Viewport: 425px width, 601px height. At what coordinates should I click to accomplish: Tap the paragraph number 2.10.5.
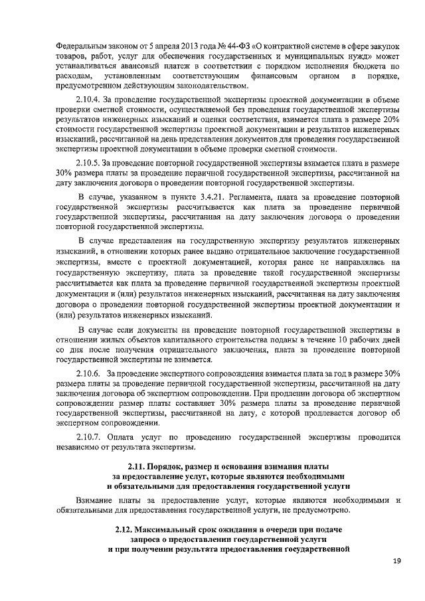91,163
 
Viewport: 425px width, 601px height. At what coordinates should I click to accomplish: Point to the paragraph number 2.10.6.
91,373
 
